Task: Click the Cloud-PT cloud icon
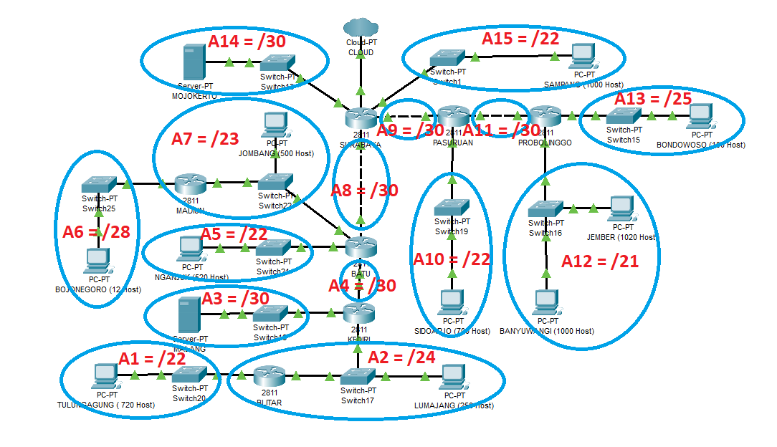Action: pos(360,27)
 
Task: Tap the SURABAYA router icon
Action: pos(360,117)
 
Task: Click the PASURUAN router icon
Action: pos(453,115)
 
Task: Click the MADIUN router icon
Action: pos(190,184)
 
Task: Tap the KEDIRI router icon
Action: pos(359,312)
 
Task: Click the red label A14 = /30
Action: pos(247,42)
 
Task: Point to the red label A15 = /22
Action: pos(520,38)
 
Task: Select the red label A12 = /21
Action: pos(599,261)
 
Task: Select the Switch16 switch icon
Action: pos(545,209)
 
